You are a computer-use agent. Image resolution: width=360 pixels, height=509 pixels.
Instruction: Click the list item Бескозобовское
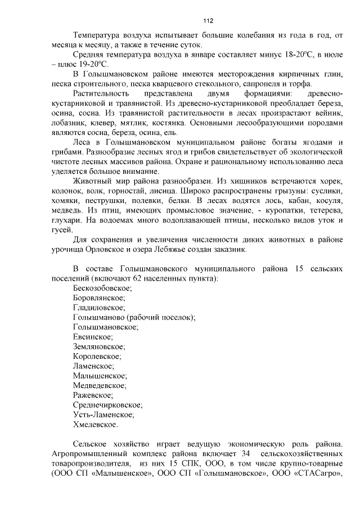coord(102,288)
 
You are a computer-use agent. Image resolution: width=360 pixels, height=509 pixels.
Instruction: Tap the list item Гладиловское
coord(98,308)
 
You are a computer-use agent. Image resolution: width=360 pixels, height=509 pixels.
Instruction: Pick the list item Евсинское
coord(93,336)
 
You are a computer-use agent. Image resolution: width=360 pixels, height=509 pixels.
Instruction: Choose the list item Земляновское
coord(99,346)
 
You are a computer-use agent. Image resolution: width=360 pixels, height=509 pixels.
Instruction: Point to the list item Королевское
coord(97,356)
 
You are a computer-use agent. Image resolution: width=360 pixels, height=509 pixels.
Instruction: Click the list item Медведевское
coord(99,385)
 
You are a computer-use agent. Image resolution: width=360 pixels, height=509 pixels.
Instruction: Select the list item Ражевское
coord(93,395)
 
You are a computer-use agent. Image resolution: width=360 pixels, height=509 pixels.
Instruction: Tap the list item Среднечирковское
coord(107,404)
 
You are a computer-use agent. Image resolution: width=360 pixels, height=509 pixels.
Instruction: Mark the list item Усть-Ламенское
coord(103,415)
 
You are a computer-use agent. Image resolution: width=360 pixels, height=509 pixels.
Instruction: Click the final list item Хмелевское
coord(96,424)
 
